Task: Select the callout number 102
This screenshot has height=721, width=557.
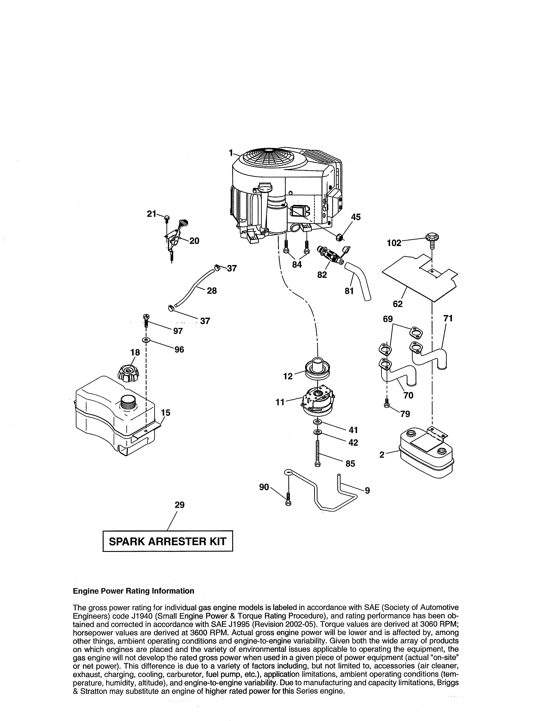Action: pyautogui.click(x=394, y=243)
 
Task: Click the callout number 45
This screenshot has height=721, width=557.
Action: pyautogui.click(x=356, y=217)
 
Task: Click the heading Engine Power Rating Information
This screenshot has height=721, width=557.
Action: pyautogui.click(x=133, y=591)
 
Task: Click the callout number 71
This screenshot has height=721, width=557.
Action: pyautogui.click(x=448, y=318)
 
